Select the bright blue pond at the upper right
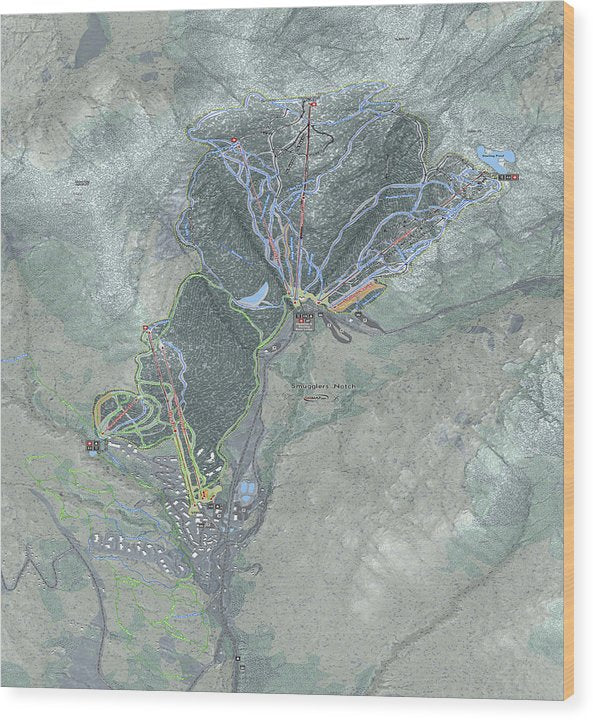[x=496, y=156]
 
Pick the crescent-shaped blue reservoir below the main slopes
[x=255, y=295]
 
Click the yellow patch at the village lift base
[x=205, y=494]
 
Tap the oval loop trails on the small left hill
[x=125, y=412]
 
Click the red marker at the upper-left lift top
[x=234, y=140]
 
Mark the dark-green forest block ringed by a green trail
[x=210, y=350]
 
